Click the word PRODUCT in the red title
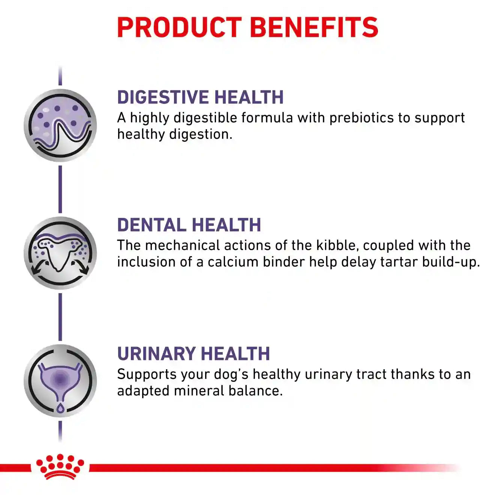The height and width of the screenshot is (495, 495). [x=179, y=27]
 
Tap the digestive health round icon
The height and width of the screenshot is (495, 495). [x=60, y=125]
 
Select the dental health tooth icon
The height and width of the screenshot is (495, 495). [x=60, y=253]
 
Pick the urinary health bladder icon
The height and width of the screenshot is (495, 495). [x=60, y=381]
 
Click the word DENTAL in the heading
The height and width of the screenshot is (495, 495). [x=151, y=225]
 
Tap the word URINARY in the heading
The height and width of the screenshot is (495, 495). [x=156, y=354]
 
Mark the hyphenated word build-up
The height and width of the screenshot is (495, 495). [x=451, y=262]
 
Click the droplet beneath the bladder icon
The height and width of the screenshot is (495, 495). [x=60, y=408]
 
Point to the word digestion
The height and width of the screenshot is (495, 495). [x=201, y=135]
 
